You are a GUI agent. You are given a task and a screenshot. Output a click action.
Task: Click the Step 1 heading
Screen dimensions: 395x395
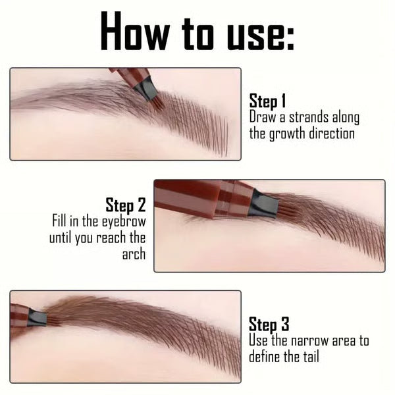pos(267,101)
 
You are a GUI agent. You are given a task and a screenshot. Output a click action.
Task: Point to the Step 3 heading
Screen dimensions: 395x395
pos(269,325)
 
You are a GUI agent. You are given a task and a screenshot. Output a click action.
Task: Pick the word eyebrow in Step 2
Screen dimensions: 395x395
pos(124,221)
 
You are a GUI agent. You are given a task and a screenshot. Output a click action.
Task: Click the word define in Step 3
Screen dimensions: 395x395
pos(266,357)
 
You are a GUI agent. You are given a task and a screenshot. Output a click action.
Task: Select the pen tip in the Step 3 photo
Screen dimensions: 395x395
pos(37,318)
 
